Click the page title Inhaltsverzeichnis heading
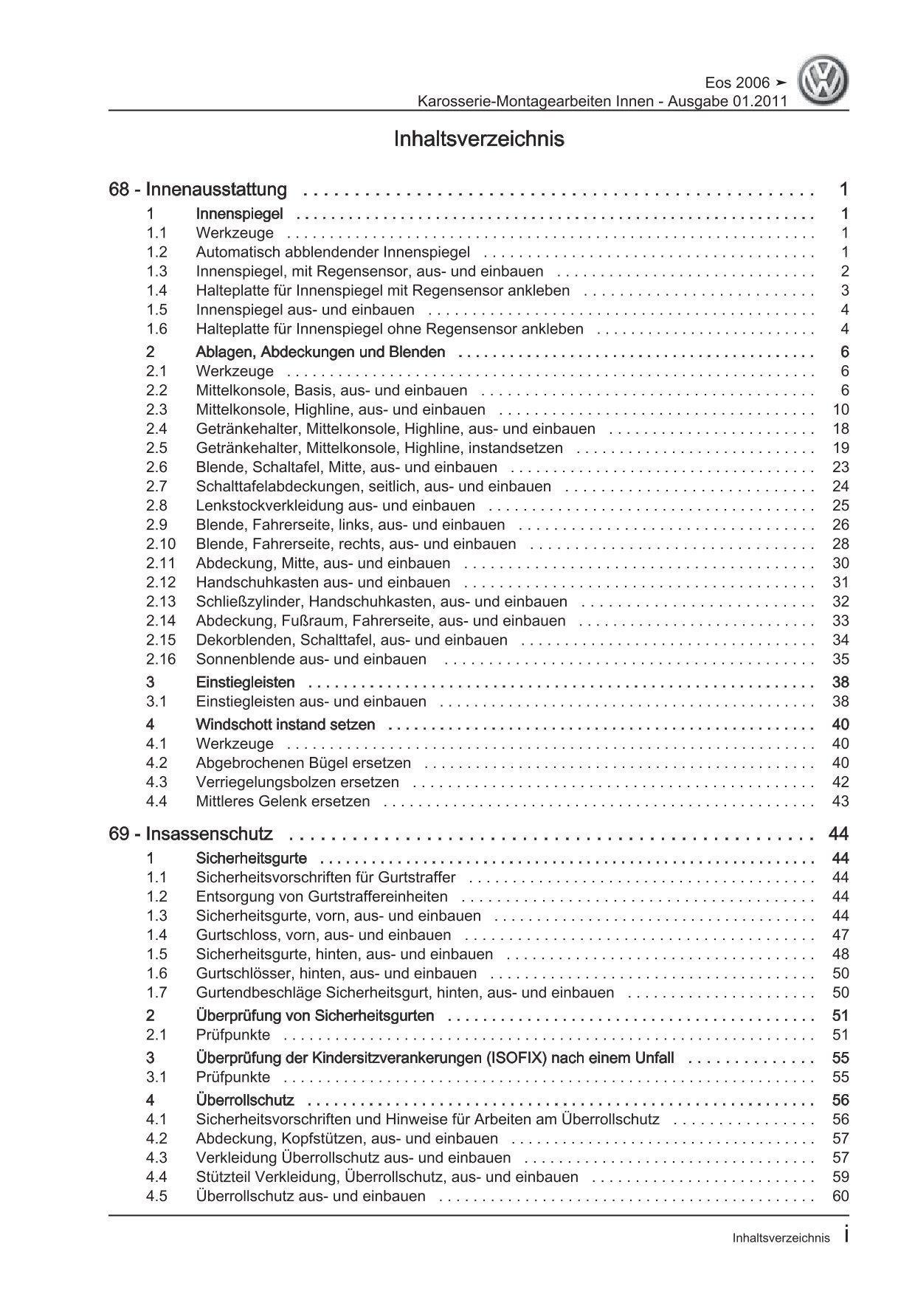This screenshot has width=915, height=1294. pyautogui.click(x=479, y=139)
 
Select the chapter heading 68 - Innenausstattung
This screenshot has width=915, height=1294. pyautogui.click(x=198, y=190)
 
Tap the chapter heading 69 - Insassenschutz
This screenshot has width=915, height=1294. pyautogui.click(x=190, y=834)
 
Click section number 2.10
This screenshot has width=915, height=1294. pyautogui.click(x=161, y=544)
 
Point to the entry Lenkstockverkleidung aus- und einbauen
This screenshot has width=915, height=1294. pyautogui.click(x=336, y=505)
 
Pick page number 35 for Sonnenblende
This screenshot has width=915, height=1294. pyautogui.click(x=840, y=659)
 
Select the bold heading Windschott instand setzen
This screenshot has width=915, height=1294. pyautogui.click(x=285, y=724)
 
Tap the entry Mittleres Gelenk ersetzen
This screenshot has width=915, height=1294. pyautogui.click(x=283, y=801)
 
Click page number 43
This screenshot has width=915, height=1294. pyautogui.click(x=840, y=801)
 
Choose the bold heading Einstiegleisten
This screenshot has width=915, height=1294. pyautogui.click(x=245, y=682)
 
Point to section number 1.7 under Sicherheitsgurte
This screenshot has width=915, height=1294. pyautogui.click(x=156, y=992)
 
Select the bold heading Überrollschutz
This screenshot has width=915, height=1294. pyautogui.click(x=245, y=1100)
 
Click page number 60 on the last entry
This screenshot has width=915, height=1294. pyautogui.click(x=840, y=1196)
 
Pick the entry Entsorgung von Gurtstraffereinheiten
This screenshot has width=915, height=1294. pyautogui.click(x=322, y=896)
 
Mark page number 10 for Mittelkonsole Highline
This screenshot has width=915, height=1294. pyautogui.click(x=840, y=409)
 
